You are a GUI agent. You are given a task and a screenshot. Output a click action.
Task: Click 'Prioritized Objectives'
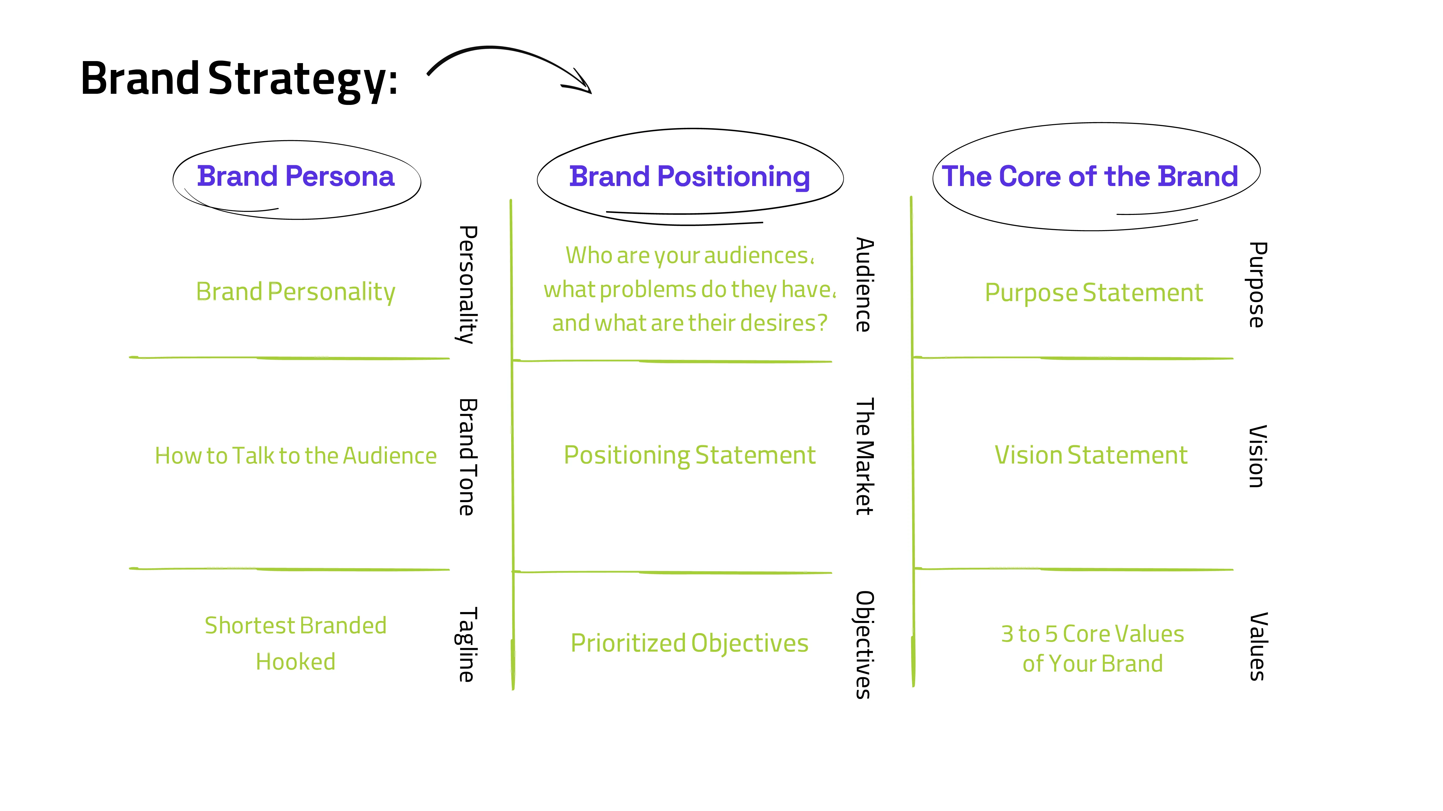tap(690, 643)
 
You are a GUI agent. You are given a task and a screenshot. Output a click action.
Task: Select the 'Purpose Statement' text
tap(1093, 292)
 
